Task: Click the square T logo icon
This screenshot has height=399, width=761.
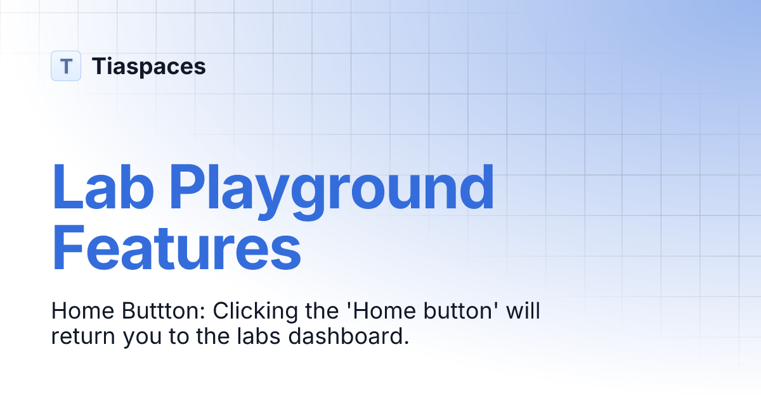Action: [x=66, y=66]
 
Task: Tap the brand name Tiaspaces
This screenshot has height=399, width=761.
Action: [x=148, y=66]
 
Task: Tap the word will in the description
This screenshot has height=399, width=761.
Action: [x=523, y=312]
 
